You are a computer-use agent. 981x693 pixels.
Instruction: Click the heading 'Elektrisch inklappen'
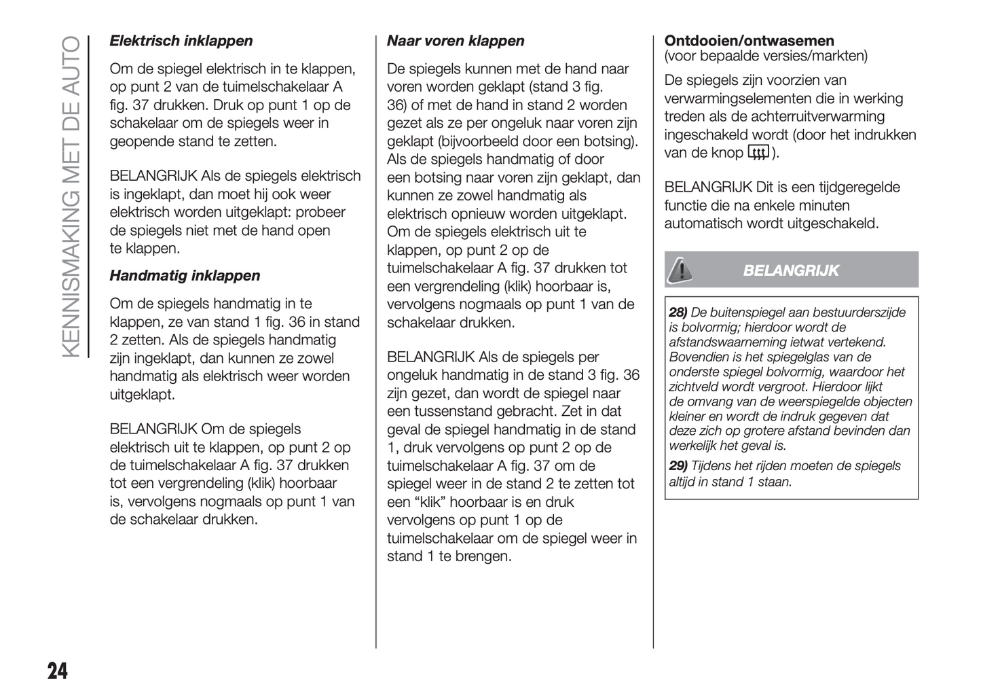pyautogui.click(x=181, y=41)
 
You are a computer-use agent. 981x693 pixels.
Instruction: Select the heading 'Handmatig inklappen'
pyautogui.click(x=185, y=276)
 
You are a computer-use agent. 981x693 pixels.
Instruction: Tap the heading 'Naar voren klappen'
pyautogui.click(x=456, y=41)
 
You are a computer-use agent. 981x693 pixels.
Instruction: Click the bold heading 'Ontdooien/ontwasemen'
pyautogui.click(x=749, y=41)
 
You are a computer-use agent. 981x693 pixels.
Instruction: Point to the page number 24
pyautogui.click(x=58, y=671)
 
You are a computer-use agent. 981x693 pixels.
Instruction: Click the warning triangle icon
pyautogui.click(x=680, y=270)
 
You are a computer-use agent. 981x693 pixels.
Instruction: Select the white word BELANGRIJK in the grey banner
pyautogui.click(x=791, y=270)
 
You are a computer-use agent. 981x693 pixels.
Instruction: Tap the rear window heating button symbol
pyautogui.click(x=758, y=153)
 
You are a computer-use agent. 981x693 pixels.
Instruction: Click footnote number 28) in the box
pyautogui.click(x=678, y=313)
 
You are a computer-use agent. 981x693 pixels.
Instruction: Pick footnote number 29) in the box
pyautogui.click(x=678, y=466)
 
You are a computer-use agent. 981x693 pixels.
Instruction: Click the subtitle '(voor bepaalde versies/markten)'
pyautogui.click(x=766, y=56)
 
